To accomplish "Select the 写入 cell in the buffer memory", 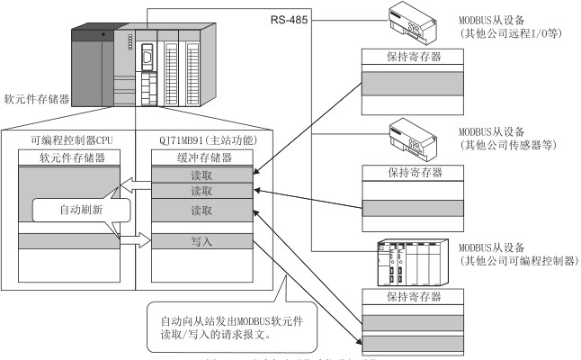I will [201, 241].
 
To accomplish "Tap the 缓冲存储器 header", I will [201, 157].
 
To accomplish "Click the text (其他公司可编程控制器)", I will [514, 261].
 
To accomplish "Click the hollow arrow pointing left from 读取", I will [135, 186].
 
